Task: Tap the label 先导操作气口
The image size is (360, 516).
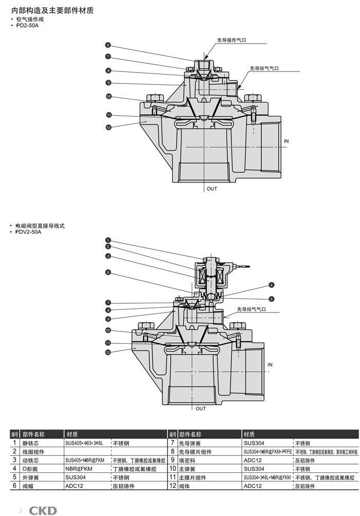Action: [x=231, y=40]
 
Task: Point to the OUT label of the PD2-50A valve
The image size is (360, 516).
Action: [x=212, y=189]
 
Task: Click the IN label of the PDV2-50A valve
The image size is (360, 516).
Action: [x=270, y=364]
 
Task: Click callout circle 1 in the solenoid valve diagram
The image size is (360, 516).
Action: [x=109, y=240]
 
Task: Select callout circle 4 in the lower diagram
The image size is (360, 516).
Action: [x=271, y=285]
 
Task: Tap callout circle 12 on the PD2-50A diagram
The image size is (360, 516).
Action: [x=109, y=127]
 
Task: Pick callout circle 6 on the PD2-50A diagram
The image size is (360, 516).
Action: [x=109, y=45]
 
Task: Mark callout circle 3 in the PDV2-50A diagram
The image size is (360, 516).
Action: [x=109, y=256]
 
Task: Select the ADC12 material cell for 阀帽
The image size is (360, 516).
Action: [x=74, y=486]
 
